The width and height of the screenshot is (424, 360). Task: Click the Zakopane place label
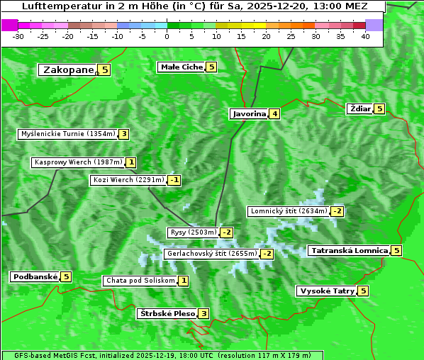68,69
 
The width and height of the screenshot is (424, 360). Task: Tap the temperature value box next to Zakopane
105,69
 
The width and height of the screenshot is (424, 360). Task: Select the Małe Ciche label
182,67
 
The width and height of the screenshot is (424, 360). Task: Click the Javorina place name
249,113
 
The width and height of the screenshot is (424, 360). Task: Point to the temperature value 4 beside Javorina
274,113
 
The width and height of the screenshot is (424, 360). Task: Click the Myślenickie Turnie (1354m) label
67,134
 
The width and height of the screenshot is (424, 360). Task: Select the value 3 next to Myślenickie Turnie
123,134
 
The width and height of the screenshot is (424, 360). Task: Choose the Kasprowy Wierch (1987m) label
78,162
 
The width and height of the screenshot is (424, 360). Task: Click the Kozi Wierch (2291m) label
128,180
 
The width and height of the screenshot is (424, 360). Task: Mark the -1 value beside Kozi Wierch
174,180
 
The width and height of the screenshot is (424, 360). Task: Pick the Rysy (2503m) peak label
192,232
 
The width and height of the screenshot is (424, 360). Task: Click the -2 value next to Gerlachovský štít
267,254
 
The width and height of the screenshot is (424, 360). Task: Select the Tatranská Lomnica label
349,250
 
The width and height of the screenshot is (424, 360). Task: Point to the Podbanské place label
35,276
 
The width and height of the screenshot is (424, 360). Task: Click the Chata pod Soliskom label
139,281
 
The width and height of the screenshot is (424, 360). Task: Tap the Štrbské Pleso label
166,313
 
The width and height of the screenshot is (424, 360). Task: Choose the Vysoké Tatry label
326,291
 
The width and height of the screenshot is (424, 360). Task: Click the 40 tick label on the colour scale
365,37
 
